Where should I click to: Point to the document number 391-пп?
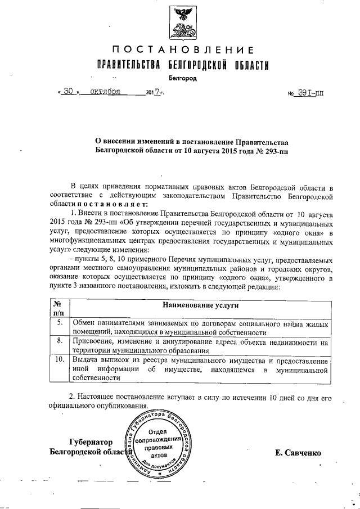click(309, 91)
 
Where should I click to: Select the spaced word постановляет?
click(110, 203)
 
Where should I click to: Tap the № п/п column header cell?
click(58, 308)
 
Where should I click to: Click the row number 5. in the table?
click(58, 323)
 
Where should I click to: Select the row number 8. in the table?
click(58, 341)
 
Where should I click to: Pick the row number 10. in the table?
click(58, 359)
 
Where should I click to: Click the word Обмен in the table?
click(85, 323)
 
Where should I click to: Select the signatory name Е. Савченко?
click(298, 452)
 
